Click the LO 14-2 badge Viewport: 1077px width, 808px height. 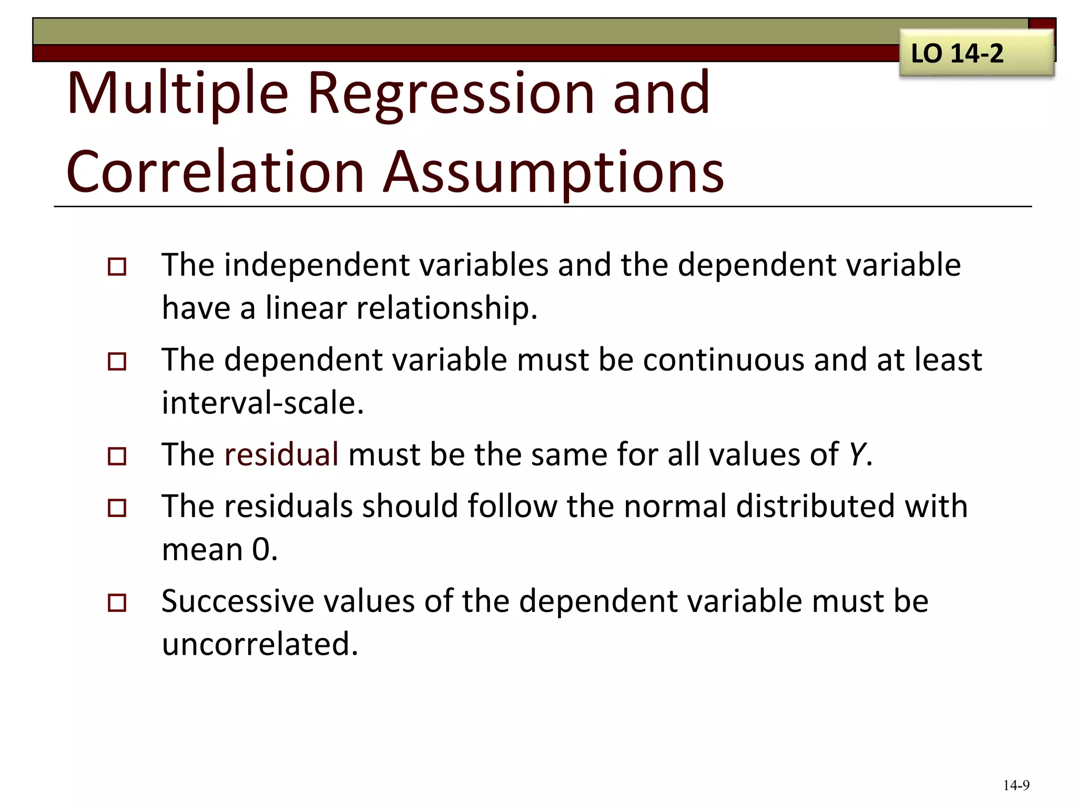976,53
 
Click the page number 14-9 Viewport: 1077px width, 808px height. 1016,785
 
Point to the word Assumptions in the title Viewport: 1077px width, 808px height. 553,172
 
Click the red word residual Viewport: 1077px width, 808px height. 281,454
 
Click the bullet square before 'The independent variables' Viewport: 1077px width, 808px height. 117,267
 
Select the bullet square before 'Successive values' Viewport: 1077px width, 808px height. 117,602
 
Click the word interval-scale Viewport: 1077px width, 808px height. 262,403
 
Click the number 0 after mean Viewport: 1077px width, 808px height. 261,550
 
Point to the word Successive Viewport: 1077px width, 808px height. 237,601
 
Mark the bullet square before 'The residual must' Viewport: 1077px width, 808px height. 117,456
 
